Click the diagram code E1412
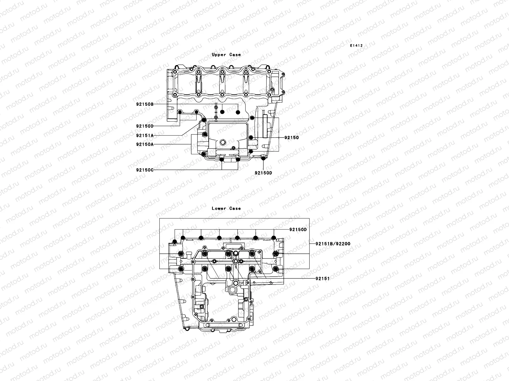click(356, 46)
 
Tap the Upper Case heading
click(226, 55)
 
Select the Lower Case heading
click(226, 208)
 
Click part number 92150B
click(145, 104)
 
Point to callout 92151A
click(145, 135)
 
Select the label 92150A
click(145, 144)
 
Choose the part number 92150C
click(145, 170)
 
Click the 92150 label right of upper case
click(291, 138)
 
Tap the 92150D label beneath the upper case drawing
click(263, 173)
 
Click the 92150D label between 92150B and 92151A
click(145, 126)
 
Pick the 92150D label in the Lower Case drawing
click(298, 230)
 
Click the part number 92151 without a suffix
click(322, 278)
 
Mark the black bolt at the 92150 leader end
click(251, 137)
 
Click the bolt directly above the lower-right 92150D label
click(263, 158)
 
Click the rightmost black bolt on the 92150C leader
click(237, 159)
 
